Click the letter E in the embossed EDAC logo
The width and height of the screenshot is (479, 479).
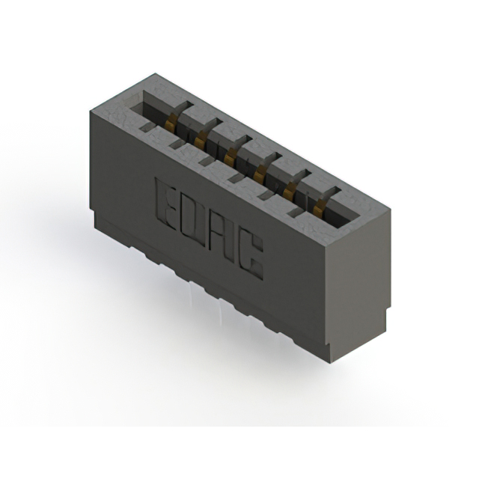tap(167, 201)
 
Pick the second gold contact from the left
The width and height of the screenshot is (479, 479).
tap(200, 138)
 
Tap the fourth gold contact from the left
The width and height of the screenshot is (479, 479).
tap(259, 174)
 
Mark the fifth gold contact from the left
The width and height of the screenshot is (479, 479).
tap(289, 190)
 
